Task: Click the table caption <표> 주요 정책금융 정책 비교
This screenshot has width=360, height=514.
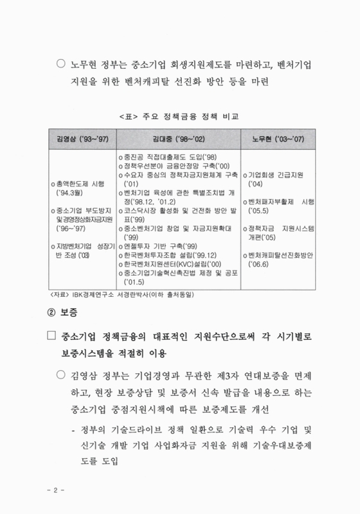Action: (179, 117)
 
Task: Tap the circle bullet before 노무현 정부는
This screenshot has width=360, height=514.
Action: (62, 65)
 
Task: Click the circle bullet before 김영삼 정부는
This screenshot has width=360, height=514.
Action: (62, 375)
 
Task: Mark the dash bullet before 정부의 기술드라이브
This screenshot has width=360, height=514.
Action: (75, 429)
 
